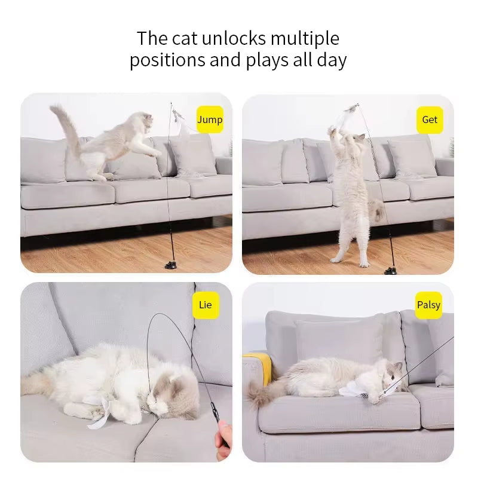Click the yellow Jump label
click(x=210, y=119)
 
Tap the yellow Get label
click(x=430, y=119)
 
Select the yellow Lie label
click(x=205, y=305)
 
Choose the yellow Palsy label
click(x=428, y=305)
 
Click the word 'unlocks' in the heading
click(x=234, y=39)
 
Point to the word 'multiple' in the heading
click(x=305, y=39)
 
